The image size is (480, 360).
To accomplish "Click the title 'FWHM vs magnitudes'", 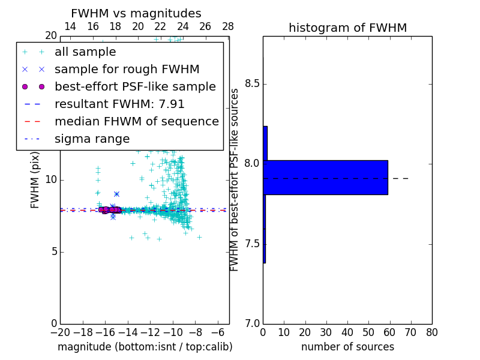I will [136, 14].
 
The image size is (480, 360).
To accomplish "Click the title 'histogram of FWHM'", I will [347, 28].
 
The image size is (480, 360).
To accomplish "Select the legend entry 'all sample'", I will [85, 52].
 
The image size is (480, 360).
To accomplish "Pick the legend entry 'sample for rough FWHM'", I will [127, 70].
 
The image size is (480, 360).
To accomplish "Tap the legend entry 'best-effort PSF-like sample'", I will [135, 87].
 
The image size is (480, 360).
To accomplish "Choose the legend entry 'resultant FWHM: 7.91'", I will [119, 104].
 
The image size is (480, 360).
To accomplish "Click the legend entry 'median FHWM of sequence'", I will [136, 122].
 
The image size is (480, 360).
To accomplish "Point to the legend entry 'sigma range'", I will [92, 139].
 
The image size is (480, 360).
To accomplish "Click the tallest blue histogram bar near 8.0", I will [326, 178].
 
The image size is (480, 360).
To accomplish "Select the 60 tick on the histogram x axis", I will [389, 332].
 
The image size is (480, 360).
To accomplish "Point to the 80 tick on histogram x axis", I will [431, 332].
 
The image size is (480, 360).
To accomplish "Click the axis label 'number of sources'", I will [347, 347].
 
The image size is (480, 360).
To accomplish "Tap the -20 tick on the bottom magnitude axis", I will [60, 332].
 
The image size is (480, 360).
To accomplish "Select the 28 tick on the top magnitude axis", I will [228, 26].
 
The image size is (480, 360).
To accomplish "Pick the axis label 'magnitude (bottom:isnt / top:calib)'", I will [145, 347].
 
